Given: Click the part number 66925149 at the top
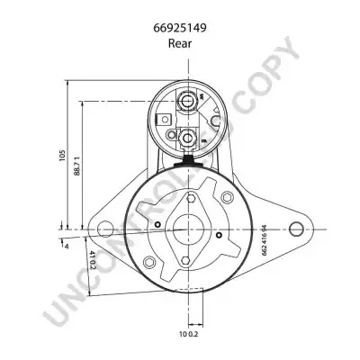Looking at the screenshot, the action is point(180,28).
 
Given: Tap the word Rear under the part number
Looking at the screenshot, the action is point(180,43).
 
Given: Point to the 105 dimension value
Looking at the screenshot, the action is point(62,156).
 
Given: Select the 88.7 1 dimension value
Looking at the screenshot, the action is point(76,166).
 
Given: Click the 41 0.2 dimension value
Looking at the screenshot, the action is point(92,259).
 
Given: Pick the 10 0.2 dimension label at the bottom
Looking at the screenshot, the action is point(189,334).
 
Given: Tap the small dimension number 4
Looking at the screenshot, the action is point(67,247).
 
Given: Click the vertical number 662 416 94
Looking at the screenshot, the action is point(265,240).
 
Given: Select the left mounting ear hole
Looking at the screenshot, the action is point(105,229).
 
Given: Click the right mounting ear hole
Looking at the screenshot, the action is point(296,229).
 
